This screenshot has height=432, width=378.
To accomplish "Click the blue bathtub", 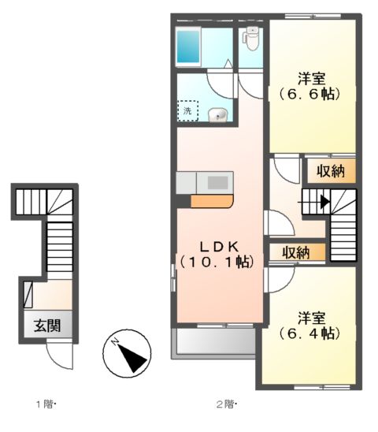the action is point(188,47).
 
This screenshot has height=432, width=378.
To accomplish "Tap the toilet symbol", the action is point(251,39).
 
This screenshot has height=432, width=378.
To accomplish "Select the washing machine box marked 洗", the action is point(187,111).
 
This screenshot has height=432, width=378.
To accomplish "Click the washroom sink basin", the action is point(218,114).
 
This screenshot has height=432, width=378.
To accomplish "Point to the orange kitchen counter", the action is point(212,201).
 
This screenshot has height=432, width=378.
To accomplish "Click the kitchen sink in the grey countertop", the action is point(218,183).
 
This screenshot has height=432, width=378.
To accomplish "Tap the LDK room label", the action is point(219,247).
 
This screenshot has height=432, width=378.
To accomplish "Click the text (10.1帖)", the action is point(217,262).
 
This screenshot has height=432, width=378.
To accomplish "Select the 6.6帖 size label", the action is point(309,95).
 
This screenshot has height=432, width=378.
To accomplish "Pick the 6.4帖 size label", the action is point(309,333).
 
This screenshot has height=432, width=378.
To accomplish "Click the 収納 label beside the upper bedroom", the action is point(331,172).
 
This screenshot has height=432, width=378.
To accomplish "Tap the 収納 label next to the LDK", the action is point(297,252).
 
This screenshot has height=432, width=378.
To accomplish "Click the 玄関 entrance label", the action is point(47,326).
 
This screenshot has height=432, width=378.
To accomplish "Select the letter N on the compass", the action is point(115,342).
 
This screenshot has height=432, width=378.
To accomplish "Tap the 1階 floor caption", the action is point(46,404).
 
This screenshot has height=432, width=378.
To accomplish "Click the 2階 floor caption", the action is point(227,404).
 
